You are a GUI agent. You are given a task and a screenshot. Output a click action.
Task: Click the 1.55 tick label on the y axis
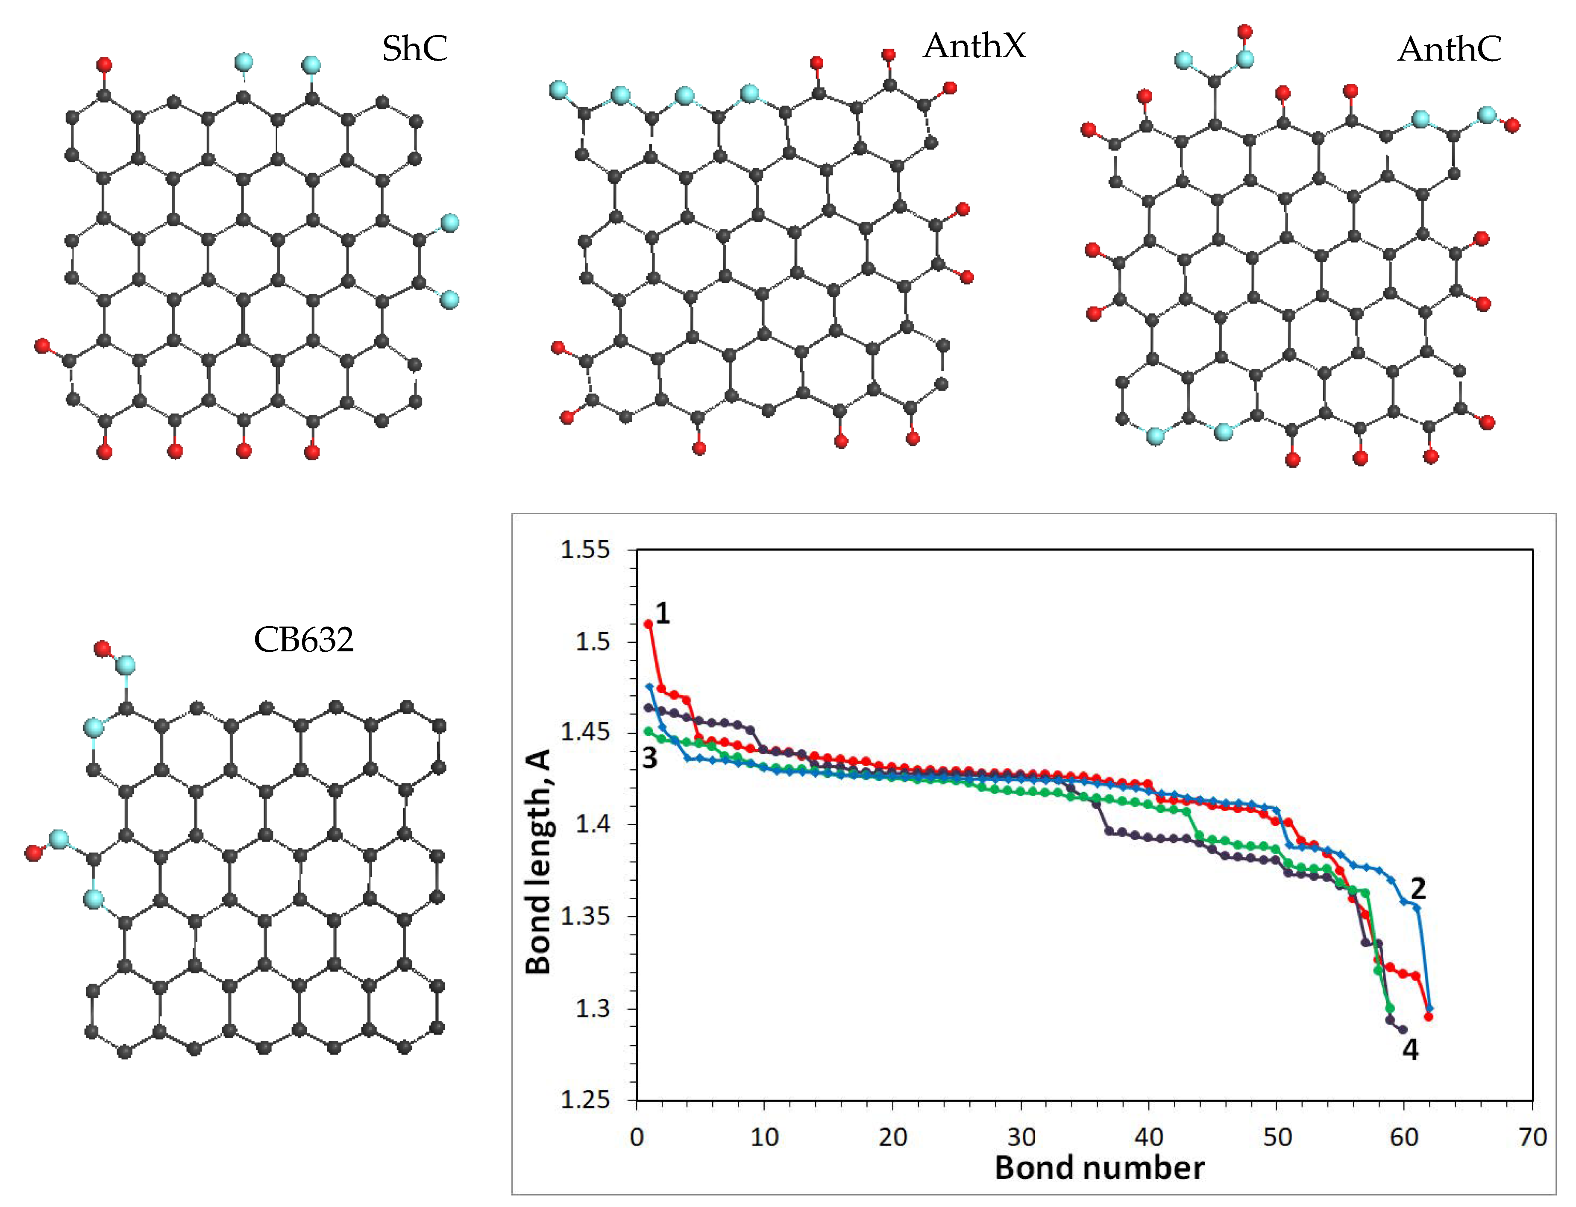[585, 551]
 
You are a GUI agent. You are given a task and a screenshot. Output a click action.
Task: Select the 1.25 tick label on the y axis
[585, 1100]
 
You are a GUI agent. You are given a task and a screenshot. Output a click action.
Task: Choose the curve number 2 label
[1417, 889]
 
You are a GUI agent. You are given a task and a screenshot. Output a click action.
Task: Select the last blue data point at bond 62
[1429, 1009]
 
